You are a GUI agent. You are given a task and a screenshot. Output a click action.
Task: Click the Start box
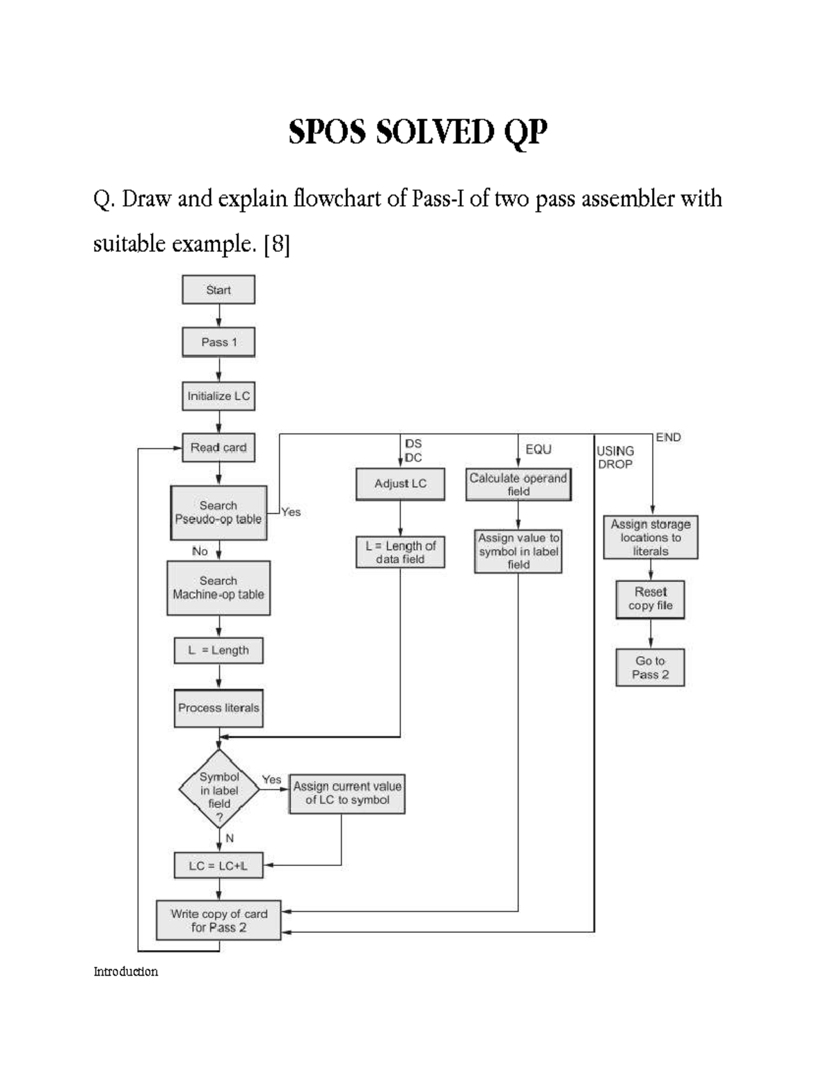pos(218,290)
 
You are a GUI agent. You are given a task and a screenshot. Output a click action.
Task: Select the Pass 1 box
pos(218,342)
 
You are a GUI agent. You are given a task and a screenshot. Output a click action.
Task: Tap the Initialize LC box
pos(218,396)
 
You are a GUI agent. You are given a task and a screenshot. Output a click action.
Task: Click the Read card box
pos(218,448)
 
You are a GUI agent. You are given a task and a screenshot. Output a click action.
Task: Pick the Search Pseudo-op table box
pos(218,513)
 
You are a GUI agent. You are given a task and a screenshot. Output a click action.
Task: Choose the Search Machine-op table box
pos(218,588)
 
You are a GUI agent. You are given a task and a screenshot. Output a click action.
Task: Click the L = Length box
pos(218,650)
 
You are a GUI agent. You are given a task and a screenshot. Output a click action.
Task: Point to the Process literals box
pos(218,708)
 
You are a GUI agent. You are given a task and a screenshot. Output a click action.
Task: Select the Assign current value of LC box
pos(347,794)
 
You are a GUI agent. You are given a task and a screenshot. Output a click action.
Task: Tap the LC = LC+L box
pos(218,866)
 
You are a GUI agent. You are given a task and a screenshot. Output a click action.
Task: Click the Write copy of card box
pos(218,920)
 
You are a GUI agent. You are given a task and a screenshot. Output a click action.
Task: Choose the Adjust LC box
pos(400,484)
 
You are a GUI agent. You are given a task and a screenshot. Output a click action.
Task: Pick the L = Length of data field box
pos(400,553)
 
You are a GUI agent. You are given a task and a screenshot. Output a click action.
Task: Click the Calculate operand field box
pos(518,484)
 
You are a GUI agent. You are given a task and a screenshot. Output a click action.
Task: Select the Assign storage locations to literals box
pos(651,537)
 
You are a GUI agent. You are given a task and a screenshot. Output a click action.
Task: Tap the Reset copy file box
pos(651,599)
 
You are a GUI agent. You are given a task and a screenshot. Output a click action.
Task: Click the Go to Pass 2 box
pos(651,668)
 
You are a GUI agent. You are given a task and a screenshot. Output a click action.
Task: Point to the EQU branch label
pos(539,450)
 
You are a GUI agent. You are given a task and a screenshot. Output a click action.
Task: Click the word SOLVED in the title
pos(435,132)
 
